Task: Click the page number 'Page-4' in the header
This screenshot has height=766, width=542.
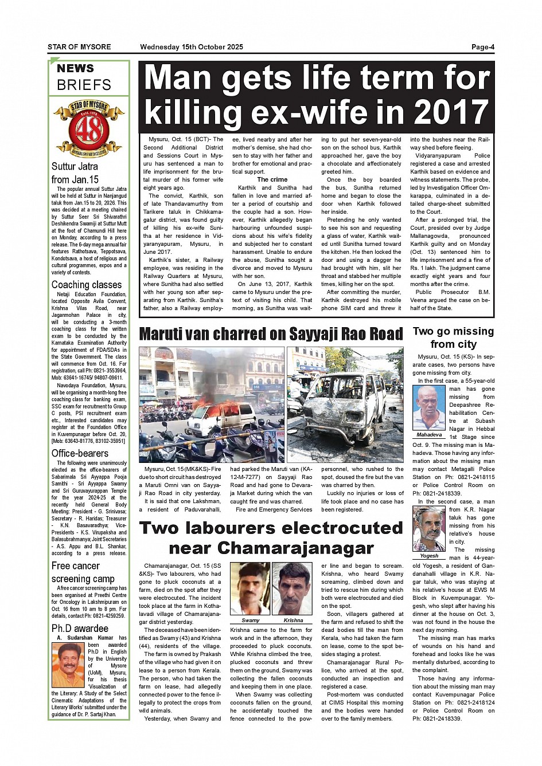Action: click(482, 47)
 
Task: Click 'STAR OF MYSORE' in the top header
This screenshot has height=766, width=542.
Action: click(79, 47)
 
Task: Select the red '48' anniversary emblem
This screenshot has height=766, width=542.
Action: click(89, 128)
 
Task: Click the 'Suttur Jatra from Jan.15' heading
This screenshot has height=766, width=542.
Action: click(75, 173)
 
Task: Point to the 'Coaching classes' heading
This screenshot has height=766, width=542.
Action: click(87, 285)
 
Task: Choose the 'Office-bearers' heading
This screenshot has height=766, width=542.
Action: click(80, 453)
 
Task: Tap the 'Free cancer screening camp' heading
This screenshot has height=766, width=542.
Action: click(83, 572)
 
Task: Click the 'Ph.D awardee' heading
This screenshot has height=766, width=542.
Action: click(80, 628)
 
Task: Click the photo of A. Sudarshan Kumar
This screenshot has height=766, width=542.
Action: click(68, 665)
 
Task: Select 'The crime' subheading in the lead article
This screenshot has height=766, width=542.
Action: click(272, 179)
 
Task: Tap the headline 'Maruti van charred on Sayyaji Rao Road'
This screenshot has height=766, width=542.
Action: click(271, 334)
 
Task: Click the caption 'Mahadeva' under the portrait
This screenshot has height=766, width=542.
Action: click(429, 435)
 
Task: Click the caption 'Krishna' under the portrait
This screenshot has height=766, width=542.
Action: click(293, 620)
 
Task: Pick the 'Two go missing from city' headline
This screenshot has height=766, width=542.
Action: click(453, 337)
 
